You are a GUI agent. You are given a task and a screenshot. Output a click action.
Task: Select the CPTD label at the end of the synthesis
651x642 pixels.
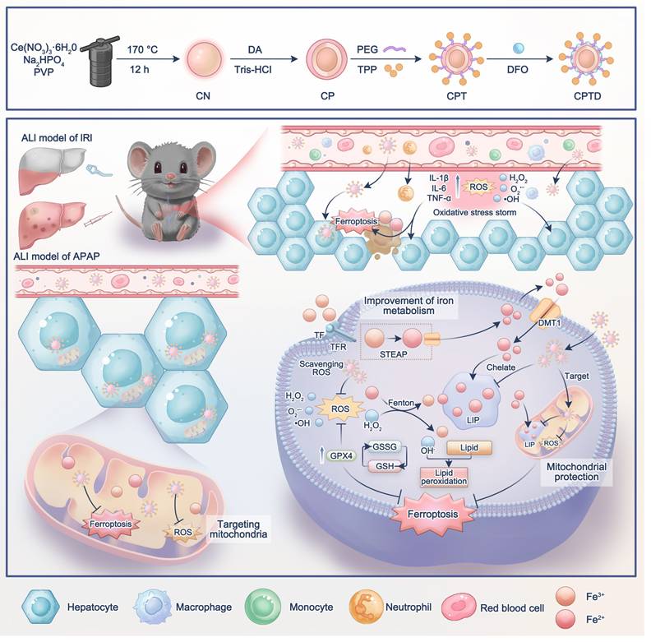click(589, 97)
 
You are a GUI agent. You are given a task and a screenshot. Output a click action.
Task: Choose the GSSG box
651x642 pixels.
click(386, 446)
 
